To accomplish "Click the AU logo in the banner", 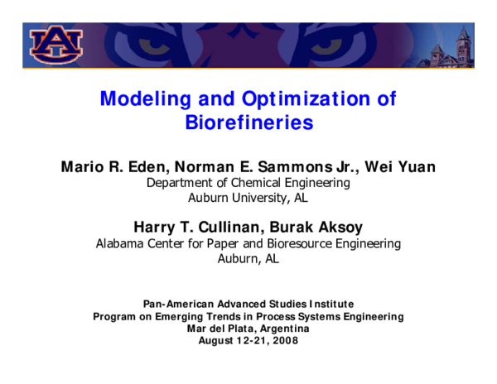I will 56,43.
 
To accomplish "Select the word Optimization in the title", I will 299,99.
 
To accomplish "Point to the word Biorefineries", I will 248,123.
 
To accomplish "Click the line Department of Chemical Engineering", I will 248,183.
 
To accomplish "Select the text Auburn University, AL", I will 248,198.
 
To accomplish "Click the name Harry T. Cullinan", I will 193,228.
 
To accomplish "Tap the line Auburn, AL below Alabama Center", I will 248,258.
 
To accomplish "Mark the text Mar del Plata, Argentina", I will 248,329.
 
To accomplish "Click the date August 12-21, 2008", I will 248,340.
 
